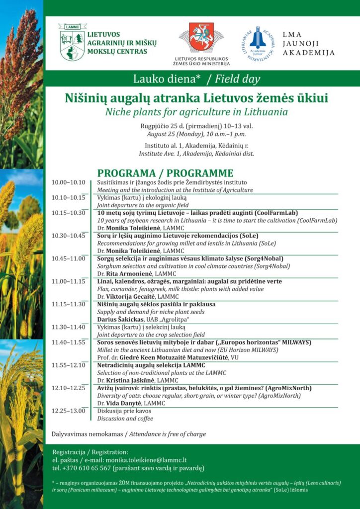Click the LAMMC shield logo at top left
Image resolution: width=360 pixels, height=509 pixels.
[72, 42]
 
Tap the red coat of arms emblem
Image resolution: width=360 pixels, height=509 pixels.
[201, 38]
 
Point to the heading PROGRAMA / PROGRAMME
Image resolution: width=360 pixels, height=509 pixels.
[165, 173]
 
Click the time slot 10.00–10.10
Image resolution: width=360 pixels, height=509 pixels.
[69, 182]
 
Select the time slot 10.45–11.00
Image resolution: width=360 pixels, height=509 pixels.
[69, 258]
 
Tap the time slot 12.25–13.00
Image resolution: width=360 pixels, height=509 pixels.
[69, 411]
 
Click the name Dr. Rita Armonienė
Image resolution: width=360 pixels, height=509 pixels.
[125, 274]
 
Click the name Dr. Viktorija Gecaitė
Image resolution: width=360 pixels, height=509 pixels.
[129, 297]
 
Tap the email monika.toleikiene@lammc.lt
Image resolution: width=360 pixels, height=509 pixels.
[150, 460]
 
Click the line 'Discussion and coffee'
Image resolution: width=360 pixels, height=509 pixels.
[125, 419]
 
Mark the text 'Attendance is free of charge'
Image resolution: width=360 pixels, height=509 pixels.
[168, 434]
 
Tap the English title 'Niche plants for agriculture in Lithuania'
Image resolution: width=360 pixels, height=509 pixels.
[196, 111]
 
